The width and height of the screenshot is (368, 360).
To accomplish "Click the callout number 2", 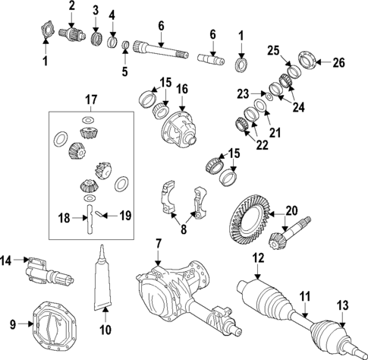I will [72, 7].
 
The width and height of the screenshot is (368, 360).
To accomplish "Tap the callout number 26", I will [338, 62].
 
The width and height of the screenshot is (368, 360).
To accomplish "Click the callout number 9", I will [11, 325].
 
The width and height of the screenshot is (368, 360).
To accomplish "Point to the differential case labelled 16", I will [181, 127].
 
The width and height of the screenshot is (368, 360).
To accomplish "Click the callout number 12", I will [258, 259].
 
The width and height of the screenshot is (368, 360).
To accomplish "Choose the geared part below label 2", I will [74, 34].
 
